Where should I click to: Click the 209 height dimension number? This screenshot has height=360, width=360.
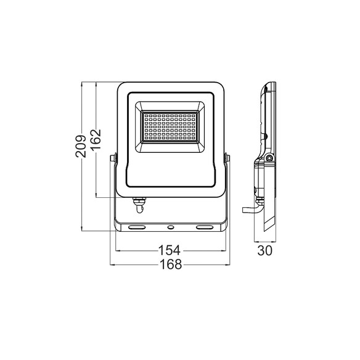[x=81, y=146]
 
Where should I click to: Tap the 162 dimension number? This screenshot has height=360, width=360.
[x=96, y=139]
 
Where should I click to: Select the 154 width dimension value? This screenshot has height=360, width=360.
[x=170, y=250]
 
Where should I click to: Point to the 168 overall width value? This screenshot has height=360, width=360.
[x=171, y=264]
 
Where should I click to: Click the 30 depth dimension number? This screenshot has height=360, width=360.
[x=264, y=250]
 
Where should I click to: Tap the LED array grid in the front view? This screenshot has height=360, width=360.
[x=170, y=127]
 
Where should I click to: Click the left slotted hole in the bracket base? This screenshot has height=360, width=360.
[x=137, y=227]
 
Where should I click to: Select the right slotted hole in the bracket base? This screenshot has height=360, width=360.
[x=205, y=227]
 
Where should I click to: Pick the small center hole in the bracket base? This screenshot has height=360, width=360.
[x=171, y=227]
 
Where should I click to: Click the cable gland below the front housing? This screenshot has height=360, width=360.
[x=139, y=205]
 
